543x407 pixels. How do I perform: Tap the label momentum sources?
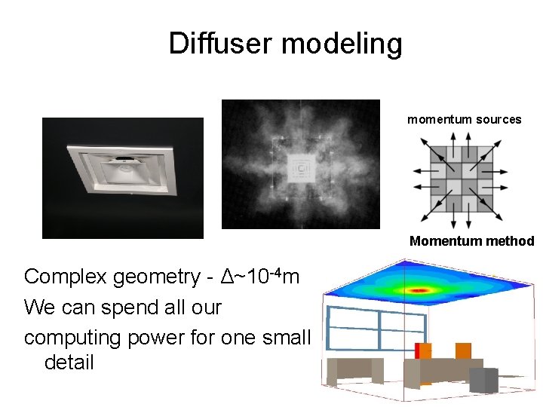coord(464,119)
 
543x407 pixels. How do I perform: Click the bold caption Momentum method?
coord(471,241)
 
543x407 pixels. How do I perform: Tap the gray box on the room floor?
coord(489,379)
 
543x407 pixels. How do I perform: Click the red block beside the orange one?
coord(418,351)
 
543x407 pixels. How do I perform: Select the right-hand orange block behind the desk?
coord(462,350)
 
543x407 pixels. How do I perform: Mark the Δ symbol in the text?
coord(227,277)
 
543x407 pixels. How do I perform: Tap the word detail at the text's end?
coord(69,363)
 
